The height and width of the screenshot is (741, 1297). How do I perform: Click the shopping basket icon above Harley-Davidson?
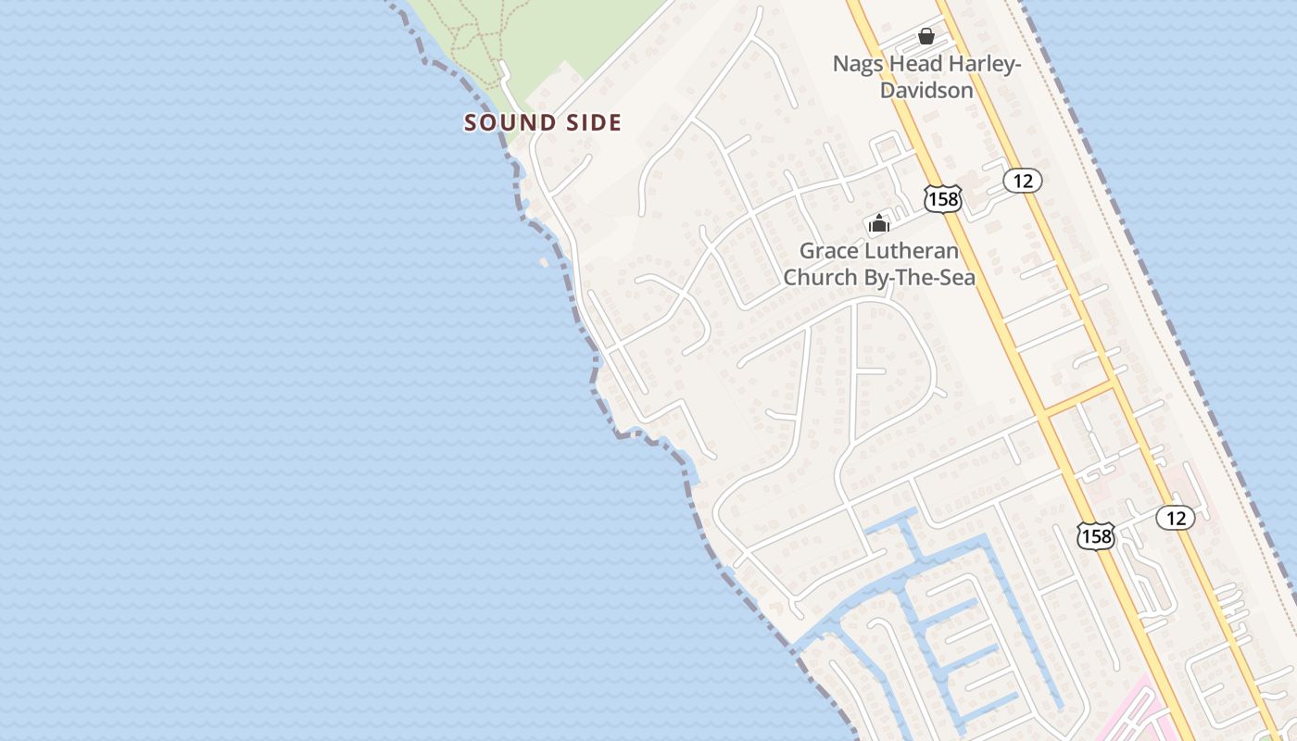[926, 36]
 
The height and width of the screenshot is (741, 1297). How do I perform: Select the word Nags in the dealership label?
[857, 64]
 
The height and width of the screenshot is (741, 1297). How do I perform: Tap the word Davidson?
[926, 90]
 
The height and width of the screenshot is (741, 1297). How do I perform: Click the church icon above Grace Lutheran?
[878, 223]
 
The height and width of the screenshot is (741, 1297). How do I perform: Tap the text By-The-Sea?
[920, 277]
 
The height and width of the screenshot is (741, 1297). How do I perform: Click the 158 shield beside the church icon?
[942, 197]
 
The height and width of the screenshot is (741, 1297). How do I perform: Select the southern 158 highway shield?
[1095, 534]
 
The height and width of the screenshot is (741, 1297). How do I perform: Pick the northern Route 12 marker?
[1023, 181]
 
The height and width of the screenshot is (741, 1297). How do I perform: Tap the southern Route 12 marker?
[1176, 518]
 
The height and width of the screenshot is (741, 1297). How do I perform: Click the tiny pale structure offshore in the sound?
[544, 262]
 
